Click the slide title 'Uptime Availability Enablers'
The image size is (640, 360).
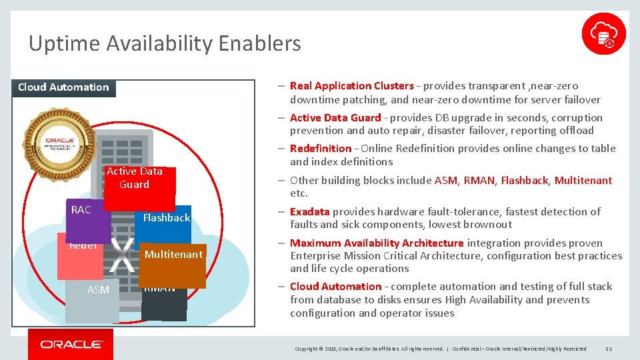(x=165, y=44)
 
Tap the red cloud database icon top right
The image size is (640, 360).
(x=603, y=33)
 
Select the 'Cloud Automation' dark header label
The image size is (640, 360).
(x=63, y=87)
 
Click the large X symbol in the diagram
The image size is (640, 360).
(x=121, y=255)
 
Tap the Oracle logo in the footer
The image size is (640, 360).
(x=71, y=345)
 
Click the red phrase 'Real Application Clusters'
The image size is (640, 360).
(x=351, y=86)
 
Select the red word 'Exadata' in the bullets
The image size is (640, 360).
(x=309, y=212)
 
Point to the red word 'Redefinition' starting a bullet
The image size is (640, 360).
(x=320, y=149)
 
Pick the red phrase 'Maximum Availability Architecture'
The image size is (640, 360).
(x=376, y=243)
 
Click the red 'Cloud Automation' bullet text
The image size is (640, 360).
(x=335, y=287)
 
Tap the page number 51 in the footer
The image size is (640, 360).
(x=608, y=349)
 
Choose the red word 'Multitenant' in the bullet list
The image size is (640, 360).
(x=583, y=181)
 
